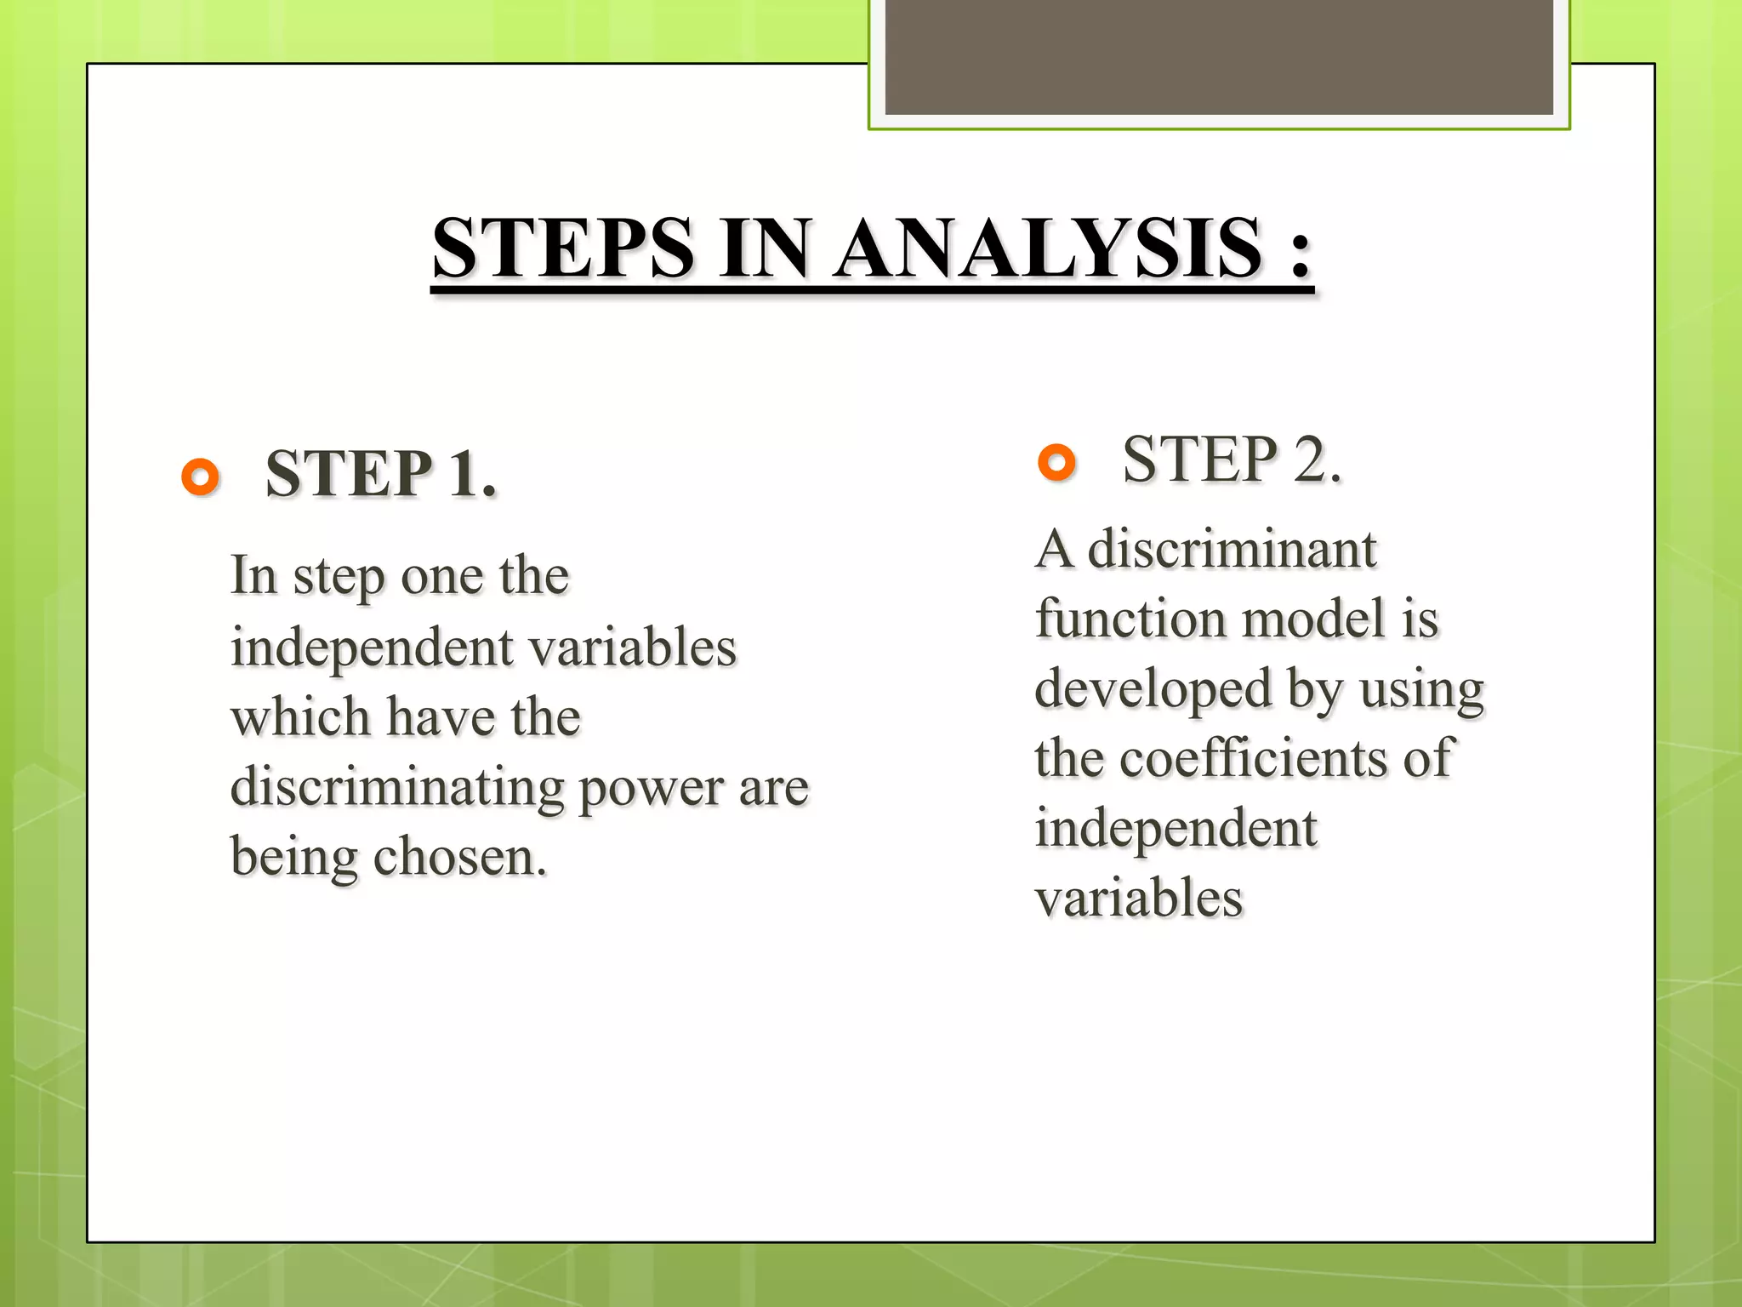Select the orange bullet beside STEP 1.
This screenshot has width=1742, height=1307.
201,477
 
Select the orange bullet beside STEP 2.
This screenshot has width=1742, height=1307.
1057,463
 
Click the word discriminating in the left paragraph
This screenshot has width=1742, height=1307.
397,788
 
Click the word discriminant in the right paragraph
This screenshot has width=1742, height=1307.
1232,550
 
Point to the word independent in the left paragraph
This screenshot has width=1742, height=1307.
371,648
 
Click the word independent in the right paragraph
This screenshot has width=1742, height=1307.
1176,829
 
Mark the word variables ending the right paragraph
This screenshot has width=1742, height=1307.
1139,899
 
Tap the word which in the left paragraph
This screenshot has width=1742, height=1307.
300,718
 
